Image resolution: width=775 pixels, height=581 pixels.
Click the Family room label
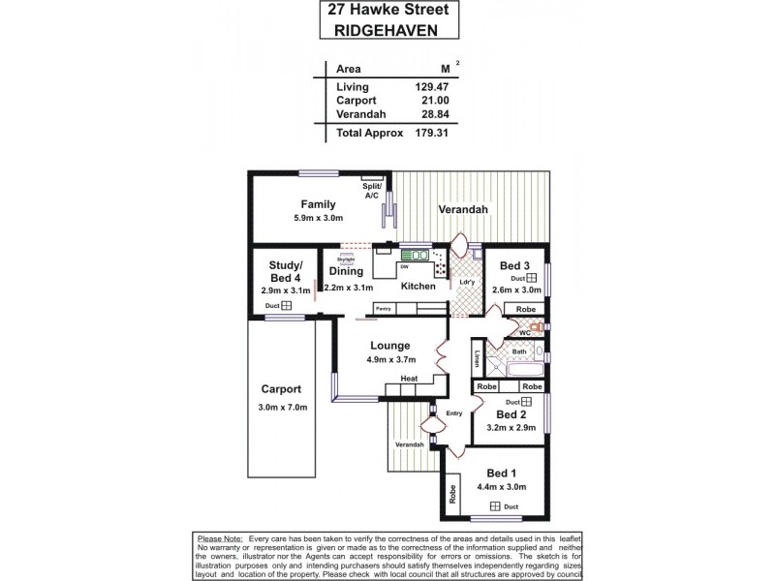click(x=318, y=204)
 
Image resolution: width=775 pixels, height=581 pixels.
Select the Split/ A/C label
click(x=372, y=191)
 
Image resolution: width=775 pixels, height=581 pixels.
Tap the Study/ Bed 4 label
click(x=286, y=272)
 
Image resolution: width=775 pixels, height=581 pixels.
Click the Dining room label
click(x=346, y=271)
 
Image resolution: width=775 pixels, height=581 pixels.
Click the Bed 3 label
click(x=514, y=266)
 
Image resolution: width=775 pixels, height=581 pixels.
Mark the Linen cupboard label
click(x=479, y=358)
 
